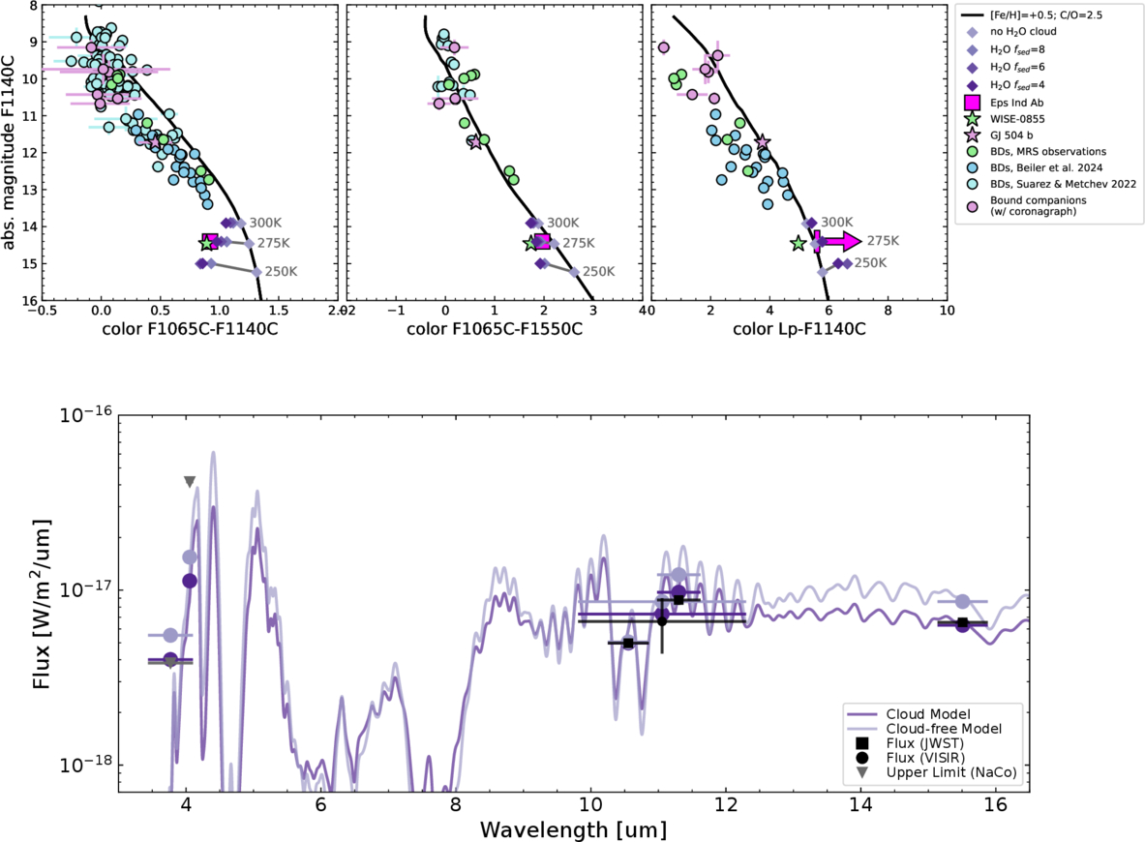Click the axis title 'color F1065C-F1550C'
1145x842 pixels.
point(494,329)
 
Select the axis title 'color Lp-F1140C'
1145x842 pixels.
point(799,329)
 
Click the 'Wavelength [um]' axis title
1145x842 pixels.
point(573,829)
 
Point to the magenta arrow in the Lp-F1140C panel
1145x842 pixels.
point(837,241)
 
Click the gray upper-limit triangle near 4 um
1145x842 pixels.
point(190,482)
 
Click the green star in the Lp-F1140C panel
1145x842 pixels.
point(798,244)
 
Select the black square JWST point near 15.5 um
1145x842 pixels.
point(962,622)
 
